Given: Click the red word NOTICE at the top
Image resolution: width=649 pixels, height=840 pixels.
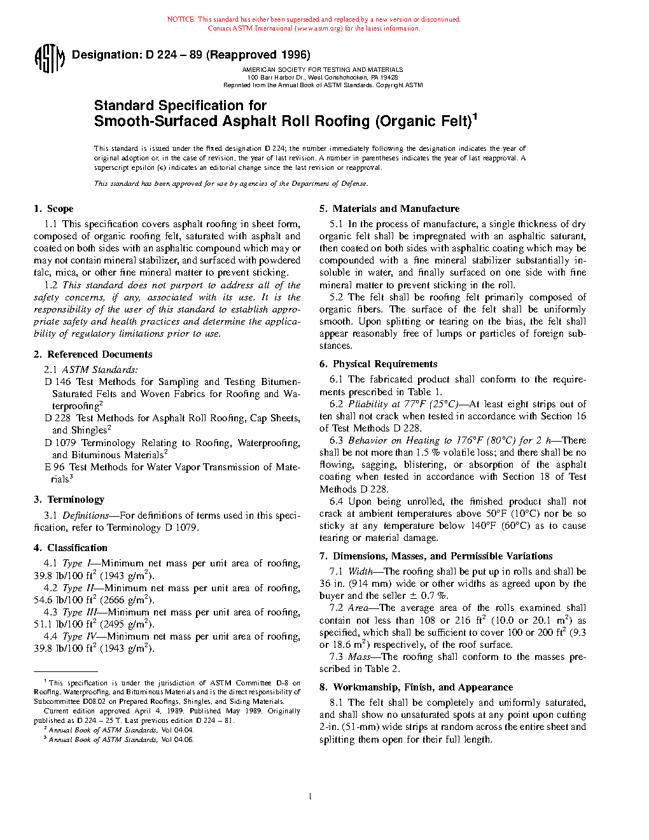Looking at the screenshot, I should (x=181, y=20).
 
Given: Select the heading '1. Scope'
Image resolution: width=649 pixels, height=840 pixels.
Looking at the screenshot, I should (x=54, y=209).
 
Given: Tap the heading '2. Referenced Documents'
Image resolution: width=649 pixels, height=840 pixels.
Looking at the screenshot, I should (x=93, y=354).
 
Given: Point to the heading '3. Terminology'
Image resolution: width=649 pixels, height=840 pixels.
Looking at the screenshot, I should (x=69, y=500).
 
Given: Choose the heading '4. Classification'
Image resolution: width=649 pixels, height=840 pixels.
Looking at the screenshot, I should (x=71, y=548).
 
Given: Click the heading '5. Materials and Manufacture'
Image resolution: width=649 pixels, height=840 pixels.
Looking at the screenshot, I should (x=389, y=209).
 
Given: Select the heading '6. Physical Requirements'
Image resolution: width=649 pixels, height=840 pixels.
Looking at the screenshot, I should (x=379, y=364).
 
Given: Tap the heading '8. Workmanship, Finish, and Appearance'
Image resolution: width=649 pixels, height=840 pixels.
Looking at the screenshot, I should (x=416, y=687).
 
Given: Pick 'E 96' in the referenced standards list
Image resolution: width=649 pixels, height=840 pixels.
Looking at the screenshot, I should (x=55, y=467).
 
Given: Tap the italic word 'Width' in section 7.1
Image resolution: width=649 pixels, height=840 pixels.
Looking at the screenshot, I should (x=361, y=571).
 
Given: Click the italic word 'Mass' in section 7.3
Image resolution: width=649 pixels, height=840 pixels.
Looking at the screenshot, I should (x=359, y=657).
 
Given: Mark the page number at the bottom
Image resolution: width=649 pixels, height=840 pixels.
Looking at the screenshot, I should (x=310, y=796).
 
